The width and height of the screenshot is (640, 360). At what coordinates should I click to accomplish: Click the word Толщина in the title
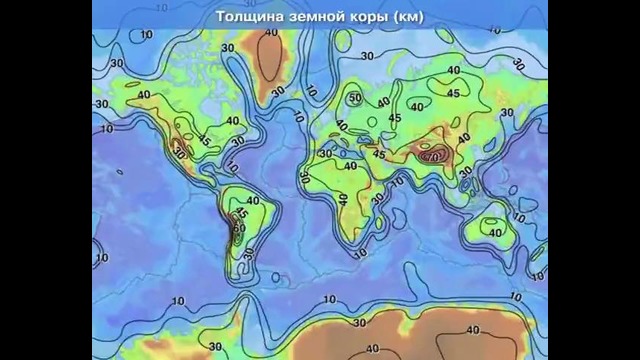(x=251, y=16)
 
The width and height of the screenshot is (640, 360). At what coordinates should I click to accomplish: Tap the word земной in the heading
(x=320, y=16)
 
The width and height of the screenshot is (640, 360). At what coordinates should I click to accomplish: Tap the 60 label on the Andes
(x=238, y=227)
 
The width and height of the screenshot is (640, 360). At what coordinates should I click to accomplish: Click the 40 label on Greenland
(x=271, y=33)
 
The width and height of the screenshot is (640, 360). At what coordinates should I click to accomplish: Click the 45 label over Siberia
(x=452, y=93)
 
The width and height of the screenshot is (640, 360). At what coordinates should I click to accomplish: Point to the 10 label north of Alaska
(x=147, y=36)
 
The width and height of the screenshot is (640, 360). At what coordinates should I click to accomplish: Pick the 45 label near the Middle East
(x=379, y=154)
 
